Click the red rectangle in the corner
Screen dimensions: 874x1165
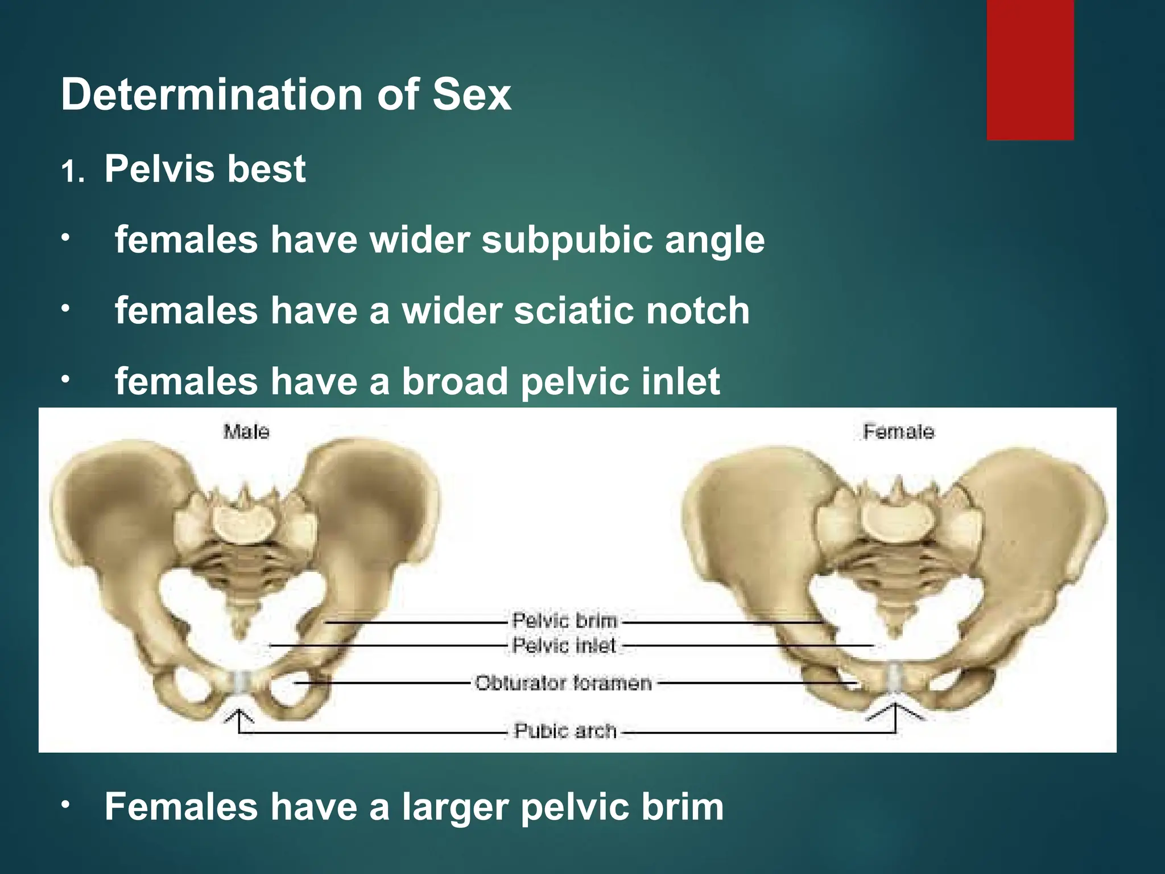coord(1030,69)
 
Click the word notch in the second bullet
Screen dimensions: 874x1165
coord(697,311)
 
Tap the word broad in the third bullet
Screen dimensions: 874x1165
coord(455,381)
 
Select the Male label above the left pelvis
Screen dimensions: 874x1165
coord(246,432)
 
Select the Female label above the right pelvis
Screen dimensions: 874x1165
coord(898,432)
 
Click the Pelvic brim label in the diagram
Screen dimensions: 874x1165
coord(564,620)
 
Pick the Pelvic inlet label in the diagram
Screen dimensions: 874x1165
coord(564,646)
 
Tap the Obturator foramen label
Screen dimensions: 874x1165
coord(563,683)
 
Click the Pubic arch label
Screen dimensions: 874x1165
coord(565,731)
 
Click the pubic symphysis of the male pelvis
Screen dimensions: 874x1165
coord(241,681)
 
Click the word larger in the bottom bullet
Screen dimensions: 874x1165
coord(455,807)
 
